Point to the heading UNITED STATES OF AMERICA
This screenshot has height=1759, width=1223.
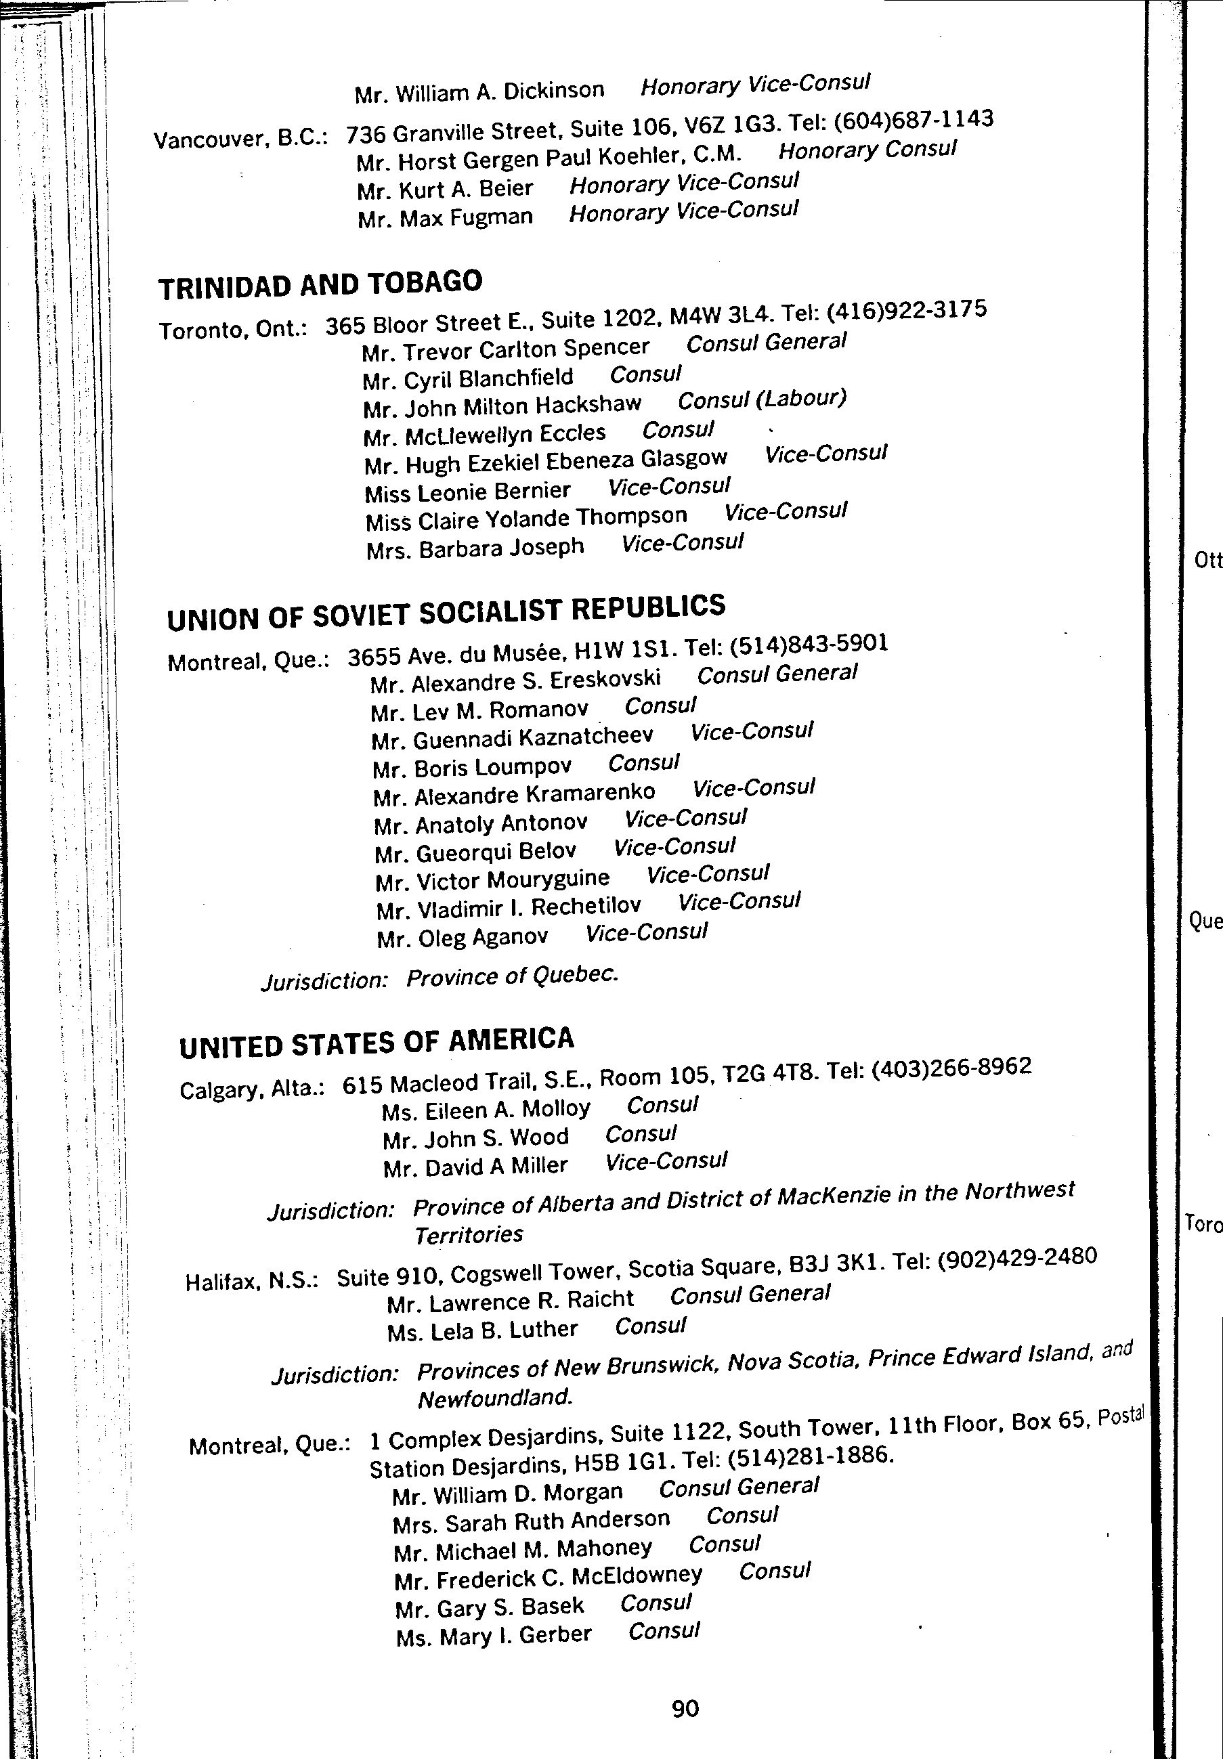377,1043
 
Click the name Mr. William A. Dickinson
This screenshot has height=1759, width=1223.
479,93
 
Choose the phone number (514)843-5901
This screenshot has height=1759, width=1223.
809,645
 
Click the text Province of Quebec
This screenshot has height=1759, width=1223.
512,977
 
